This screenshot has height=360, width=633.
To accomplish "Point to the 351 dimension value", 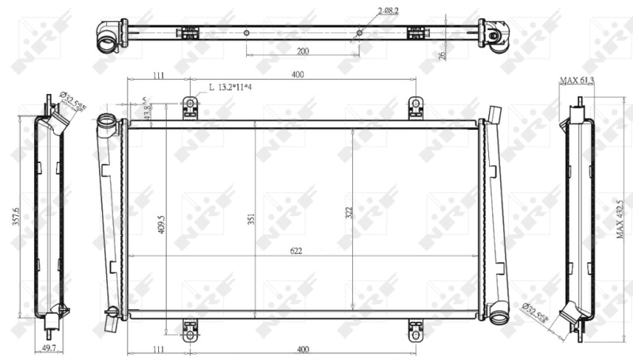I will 251,221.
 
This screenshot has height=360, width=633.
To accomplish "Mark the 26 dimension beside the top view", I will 442,56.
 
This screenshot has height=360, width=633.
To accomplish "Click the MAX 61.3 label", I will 577,81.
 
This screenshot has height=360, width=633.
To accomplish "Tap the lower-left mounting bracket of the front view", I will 190,330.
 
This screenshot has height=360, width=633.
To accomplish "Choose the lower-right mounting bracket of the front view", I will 415,330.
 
